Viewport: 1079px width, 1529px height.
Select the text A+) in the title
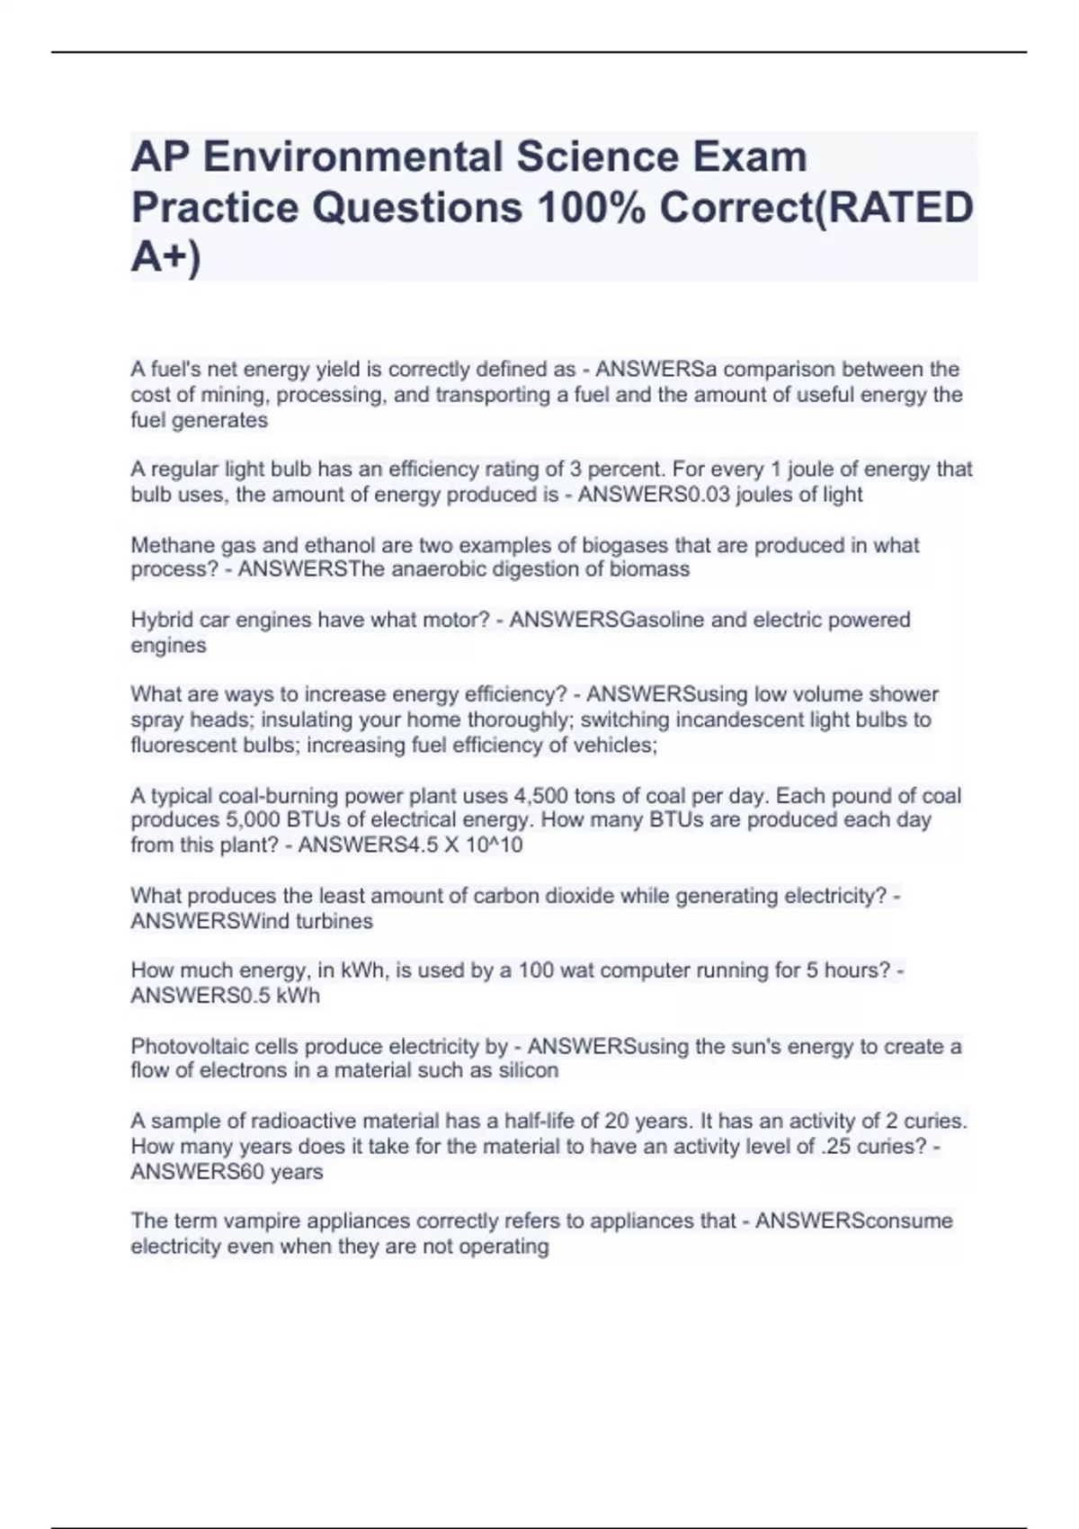point(166,257)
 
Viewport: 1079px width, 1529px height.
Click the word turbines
point(334,921)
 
